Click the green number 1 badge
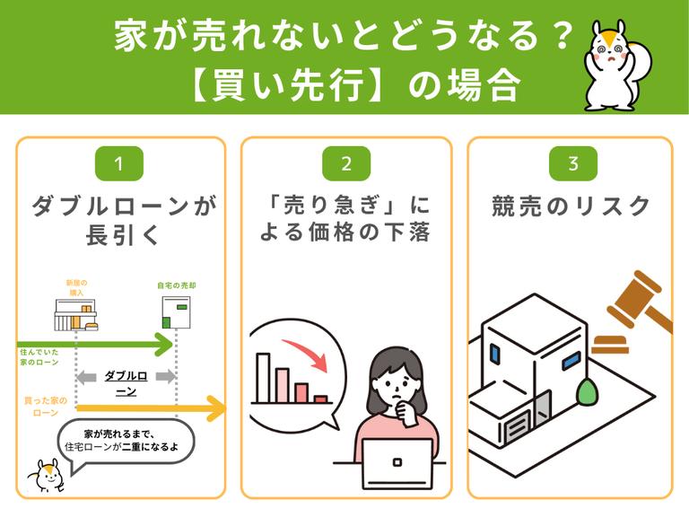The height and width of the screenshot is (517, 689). point(118,164)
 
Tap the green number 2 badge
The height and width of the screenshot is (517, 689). point(345,164)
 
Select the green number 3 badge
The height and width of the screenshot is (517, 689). point(571,164)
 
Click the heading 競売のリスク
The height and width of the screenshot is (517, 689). point(571,206)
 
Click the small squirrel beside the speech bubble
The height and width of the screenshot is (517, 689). point(44,475)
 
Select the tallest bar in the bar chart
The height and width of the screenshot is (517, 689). point(263,378)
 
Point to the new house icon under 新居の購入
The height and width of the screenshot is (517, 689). point(74,315)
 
